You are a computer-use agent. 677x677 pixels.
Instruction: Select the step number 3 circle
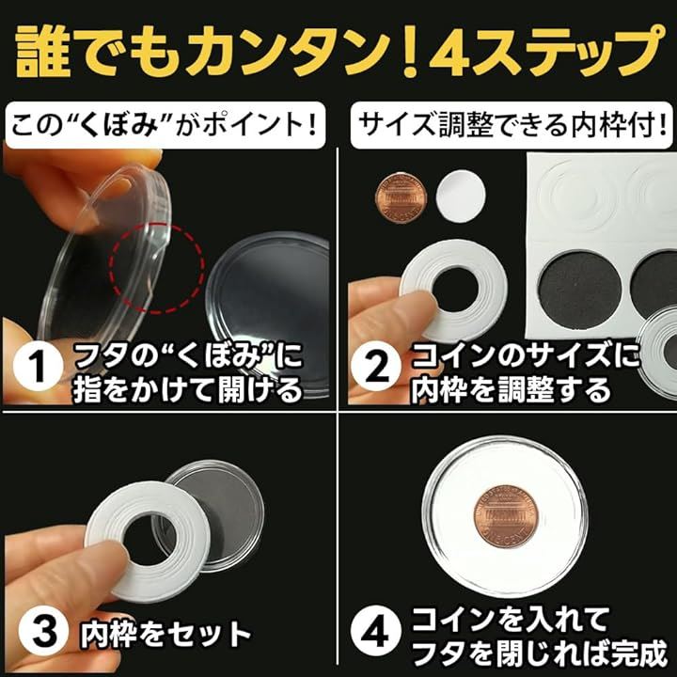click(43, 633)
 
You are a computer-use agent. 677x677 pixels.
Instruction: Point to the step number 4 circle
click(375, 633)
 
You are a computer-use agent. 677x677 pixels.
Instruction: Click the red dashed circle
click(156, 268)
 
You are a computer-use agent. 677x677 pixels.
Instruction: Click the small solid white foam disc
click(461, 195)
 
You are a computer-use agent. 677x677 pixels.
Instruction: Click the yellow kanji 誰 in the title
click(41, 51)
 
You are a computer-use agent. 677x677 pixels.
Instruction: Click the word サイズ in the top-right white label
click(394, 125)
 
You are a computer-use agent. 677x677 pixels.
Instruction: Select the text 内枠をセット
click(165, 634)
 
